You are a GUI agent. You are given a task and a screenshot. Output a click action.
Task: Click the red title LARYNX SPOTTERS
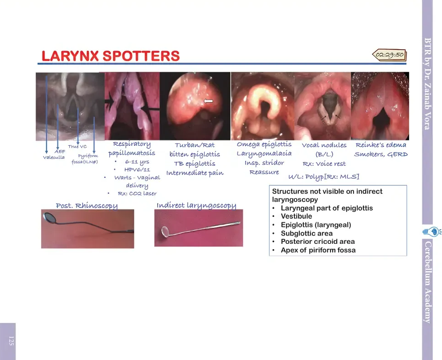tap(110, 56)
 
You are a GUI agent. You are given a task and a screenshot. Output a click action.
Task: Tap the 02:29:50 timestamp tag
tap(389, 54)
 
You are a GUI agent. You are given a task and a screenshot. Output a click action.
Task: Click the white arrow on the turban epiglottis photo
tap(208, 101)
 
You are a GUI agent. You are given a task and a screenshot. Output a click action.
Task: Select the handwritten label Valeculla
tap(54, 157)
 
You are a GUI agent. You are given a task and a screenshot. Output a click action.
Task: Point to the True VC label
tap(77, 146)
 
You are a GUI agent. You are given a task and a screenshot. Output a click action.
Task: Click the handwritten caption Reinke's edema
tap(381, 145)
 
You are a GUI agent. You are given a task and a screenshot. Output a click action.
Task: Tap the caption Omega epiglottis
tap(264, 144)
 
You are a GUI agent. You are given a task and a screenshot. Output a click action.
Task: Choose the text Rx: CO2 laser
tap(137, 193)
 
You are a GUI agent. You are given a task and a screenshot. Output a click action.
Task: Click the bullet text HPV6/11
tap(137, 170)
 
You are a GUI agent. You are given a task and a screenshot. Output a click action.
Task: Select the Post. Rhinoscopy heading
tap(87, 206)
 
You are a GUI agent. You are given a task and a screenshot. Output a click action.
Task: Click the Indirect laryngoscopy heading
tap(196, 206)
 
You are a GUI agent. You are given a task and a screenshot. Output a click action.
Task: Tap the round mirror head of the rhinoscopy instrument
tap(50, 218)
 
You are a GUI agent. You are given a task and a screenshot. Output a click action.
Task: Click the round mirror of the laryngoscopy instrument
tap(165, 231)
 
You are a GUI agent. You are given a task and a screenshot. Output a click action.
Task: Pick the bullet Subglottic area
tap(307, 233)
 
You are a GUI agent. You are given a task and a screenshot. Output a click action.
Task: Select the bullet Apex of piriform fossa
tap(318, 250)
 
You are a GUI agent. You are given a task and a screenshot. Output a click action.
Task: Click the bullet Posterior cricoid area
tap(318, 242)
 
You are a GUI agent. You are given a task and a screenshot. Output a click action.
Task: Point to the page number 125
tap(11, 341)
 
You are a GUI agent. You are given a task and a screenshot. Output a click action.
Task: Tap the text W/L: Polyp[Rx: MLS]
tap(324, 177)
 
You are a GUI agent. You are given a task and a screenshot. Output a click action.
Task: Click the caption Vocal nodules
tap(324, 145)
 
